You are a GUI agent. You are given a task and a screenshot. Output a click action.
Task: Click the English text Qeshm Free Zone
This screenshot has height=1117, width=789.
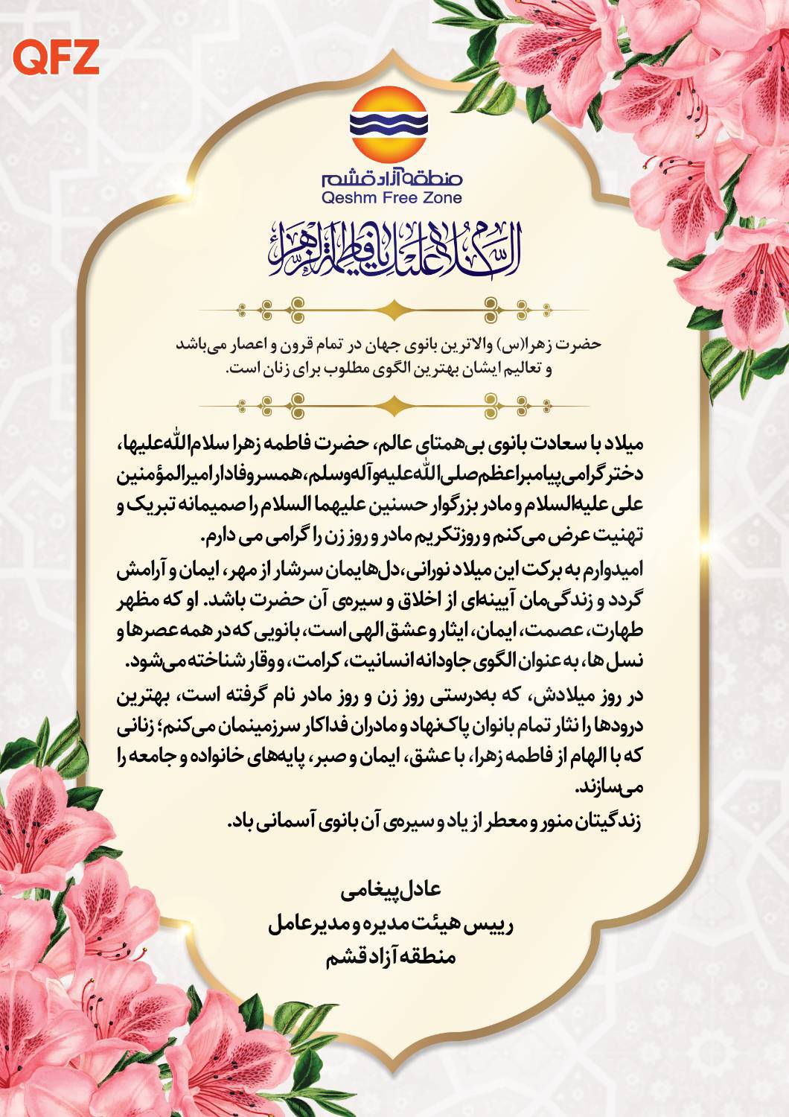pos(392,197)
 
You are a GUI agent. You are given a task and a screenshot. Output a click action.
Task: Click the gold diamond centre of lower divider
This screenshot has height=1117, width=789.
pos(394,404)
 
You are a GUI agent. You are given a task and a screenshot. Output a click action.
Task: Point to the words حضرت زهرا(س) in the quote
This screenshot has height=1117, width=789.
pos(577,346)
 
